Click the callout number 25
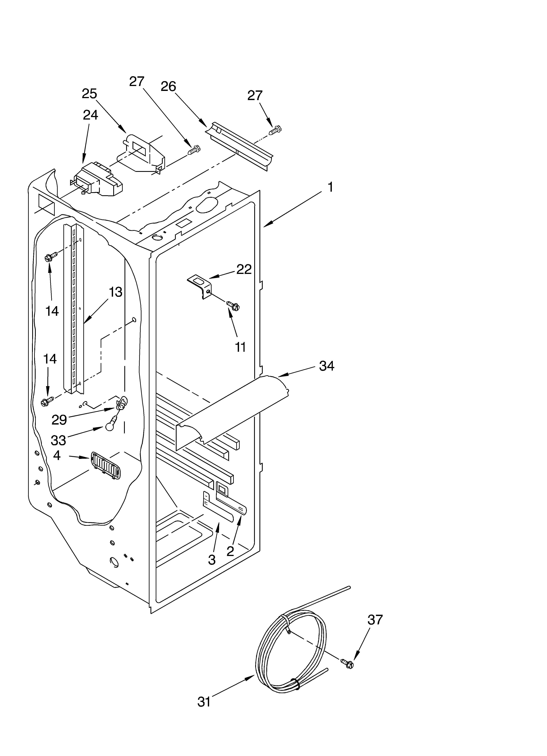pyautogui.click(x=89, y=94)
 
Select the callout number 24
pyautogui.click(x=90, y=115)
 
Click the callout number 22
pyautogui.click(x=244, y=269)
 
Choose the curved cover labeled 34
pyautogui.click(x=230, y=410)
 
